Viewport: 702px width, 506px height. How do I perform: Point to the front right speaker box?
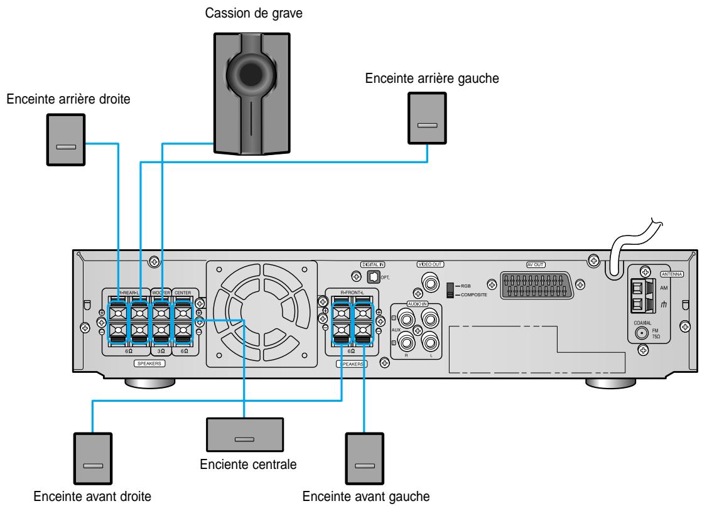click(93, 456)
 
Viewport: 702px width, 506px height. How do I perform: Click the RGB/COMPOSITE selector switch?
click(450, 289)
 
